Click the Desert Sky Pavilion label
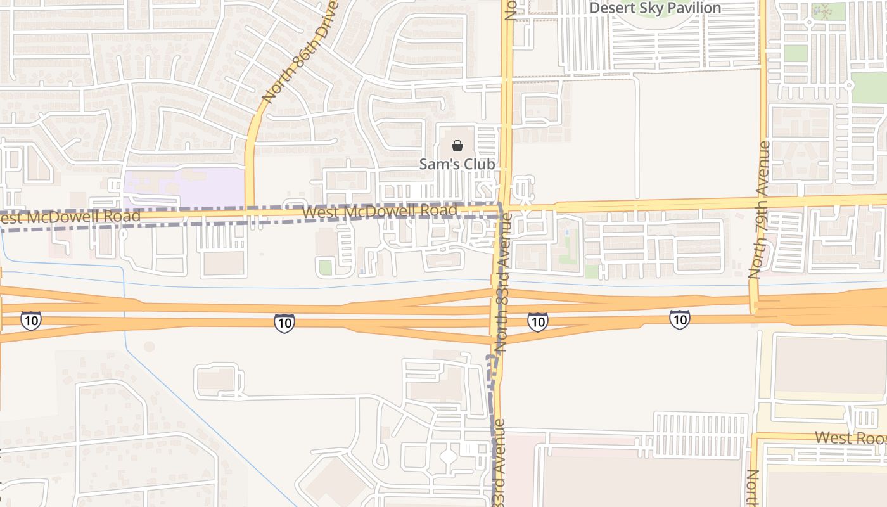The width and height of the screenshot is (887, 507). (x=655, y=8)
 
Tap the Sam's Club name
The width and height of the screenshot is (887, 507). (x=457, y=164)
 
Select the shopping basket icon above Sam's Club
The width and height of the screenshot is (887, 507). (x=457, y=146)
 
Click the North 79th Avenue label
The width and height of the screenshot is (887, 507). (x=759, y=210)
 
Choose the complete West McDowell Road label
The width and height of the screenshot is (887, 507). (x=380, y=211)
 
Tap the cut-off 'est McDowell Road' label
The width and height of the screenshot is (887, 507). (x=69, y=217)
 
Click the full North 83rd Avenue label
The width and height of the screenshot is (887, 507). (x=505, y=283)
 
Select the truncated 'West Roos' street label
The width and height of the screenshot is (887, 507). (x=850, y=437)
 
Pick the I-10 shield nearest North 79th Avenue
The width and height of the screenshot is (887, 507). (x=679, y=319)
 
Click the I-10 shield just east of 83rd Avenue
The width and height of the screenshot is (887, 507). (x=537, y=322)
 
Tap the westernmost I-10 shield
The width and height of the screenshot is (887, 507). (x=30, y=320)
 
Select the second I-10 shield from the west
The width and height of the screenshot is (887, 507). (x=284, y=323)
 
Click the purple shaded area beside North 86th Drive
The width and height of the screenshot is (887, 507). (x=184, y=188)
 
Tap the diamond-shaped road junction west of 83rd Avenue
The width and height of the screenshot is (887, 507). (x=448, y=456)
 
